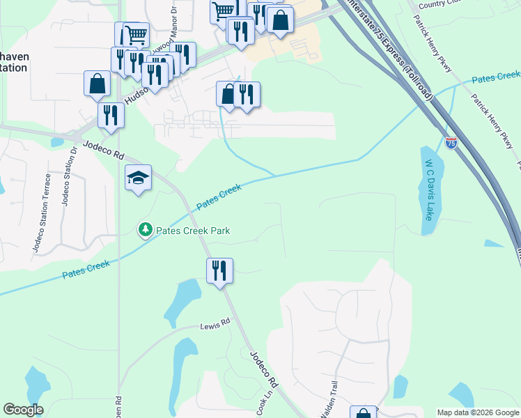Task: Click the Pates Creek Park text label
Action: (x=193, y=231)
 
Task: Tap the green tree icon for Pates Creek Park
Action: (x=145, y=229)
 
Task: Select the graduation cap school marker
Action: (x=138, y=179)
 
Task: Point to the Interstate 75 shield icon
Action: (x=451, y=144)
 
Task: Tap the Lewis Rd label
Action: (x=215, y=325)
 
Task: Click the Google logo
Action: (x=23, y=410)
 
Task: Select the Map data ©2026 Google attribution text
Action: (x=477, y=412)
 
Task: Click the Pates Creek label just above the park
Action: (x=219, y=196)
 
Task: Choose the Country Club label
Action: (x=442, y=4)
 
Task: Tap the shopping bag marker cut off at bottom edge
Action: (x=363, y=412)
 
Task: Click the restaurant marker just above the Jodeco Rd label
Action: (x=111, y=115)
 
